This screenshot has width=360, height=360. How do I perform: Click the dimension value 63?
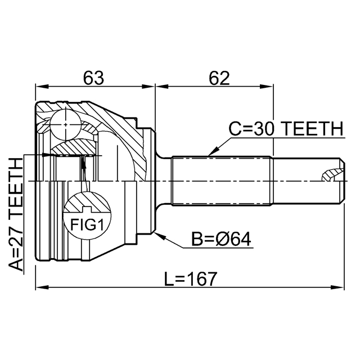93,78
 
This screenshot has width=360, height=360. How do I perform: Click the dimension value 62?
219,78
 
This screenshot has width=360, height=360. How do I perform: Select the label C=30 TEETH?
286,129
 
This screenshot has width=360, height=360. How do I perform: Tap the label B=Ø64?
221,239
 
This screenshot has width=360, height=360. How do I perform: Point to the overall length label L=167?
191,279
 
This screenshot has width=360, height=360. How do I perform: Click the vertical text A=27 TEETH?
16,215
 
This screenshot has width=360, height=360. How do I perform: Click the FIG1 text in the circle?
87,225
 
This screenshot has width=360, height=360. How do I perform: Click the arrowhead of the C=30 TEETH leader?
213,152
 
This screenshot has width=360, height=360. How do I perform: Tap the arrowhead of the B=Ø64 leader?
160,235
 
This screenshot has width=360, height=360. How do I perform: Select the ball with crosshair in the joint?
66,124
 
